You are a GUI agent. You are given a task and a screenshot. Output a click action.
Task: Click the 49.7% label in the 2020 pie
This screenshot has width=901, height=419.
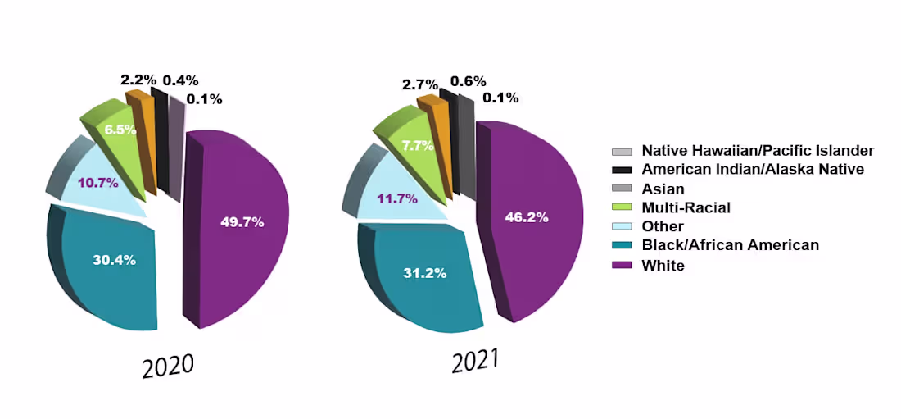(x=242, y=221)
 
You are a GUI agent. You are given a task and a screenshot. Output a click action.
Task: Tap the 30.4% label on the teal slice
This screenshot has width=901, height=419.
(x=114, y=260)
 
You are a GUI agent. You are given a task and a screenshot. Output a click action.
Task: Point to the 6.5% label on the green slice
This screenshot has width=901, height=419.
(x=120, y=129)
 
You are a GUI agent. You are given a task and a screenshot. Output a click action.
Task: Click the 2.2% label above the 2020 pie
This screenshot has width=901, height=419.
(x=138, y=80)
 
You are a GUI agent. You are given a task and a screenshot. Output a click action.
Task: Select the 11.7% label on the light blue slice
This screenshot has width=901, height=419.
(x=397, y=198)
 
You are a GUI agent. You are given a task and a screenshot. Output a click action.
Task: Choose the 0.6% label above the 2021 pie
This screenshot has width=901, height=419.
(x=469, y=81)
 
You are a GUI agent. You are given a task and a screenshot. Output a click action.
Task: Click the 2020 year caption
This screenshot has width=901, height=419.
(x=168, y=366)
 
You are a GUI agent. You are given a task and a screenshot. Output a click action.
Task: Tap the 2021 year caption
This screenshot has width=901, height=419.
(x=475, y=361)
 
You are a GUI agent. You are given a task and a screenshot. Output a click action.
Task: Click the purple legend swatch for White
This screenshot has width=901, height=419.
(x=622, y=266)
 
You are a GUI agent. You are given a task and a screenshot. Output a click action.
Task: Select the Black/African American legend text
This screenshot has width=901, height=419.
(x=730, y=245)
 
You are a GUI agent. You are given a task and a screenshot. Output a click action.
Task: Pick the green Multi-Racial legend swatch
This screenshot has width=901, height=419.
(x=622, y=208)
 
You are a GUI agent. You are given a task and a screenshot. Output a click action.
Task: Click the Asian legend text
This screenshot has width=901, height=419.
(x=663, y=189)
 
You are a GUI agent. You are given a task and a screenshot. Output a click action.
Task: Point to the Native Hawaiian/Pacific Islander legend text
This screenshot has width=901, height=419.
(x=758, y=151)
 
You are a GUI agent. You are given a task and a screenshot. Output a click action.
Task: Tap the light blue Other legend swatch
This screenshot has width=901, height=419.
(x=622, y=227)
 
